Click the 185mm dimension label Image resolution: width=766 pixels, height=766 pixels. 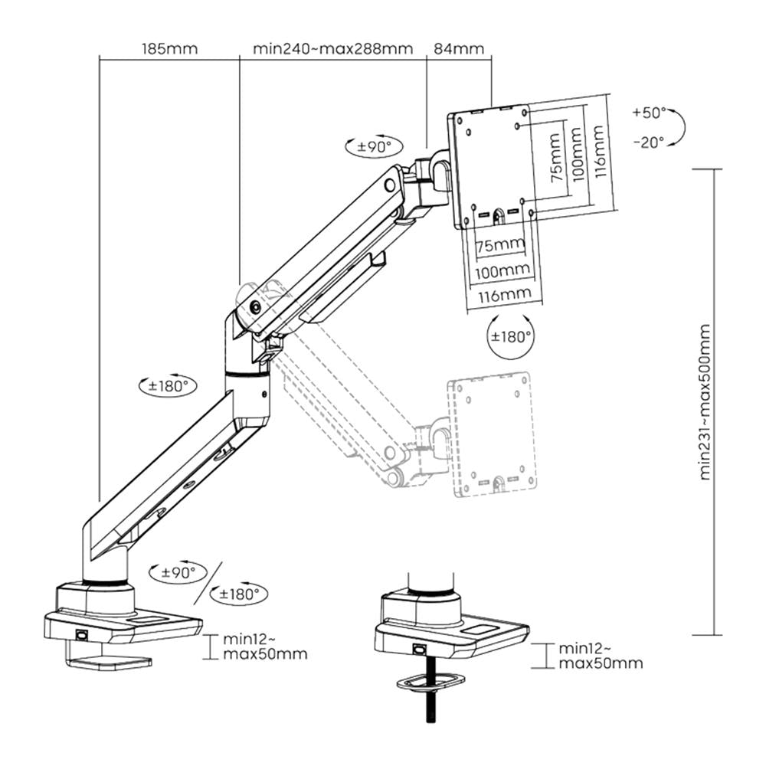tap(169, 48)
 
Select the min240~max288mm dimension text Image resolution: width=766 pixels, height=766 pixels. tap(332, 48)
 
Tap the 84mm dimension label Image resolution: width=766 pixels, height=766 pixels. tap(459, 48)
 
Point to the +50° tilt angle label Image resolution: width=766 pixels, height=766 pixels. tap(650, 113)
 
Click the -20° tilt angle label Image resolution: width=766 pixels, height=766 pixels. tap(650, 142)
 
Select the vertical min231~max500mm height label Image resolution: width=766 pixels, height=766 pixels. tap(705, 401)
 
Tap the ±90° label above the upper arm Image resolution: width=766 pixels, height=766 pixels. tap(373, 145)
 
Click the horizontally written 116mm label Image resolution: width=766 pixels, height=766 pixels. tap(502, 293)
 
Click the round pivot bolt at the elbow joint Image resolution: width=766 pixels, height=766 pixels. tap(254, 306)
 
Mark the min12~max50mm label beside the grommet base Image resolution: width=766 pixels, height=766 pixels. tap(599, 655)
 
